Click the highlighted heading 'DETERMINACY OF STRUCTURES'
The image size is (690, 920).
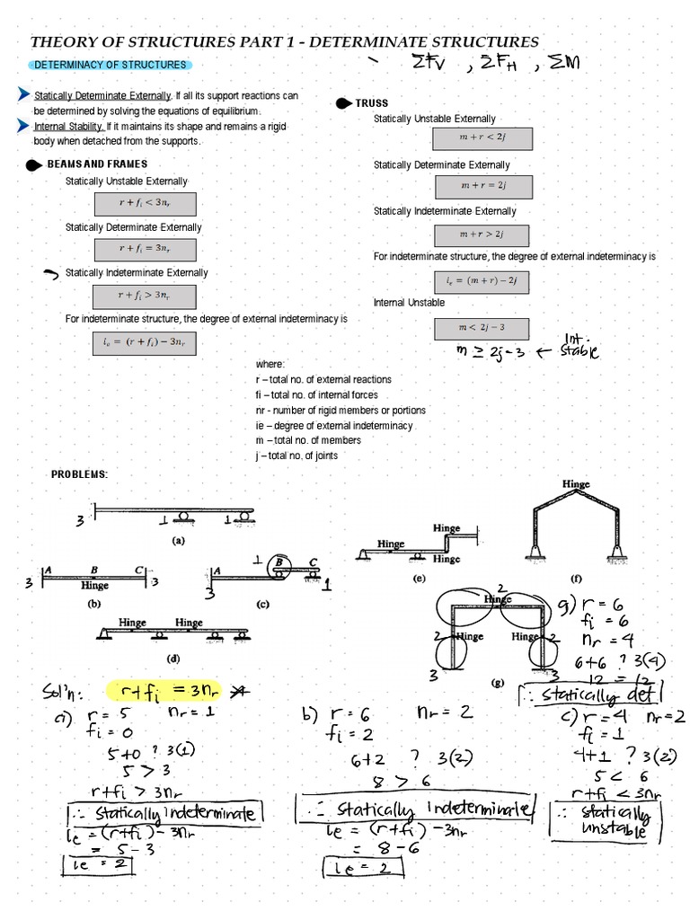[x=110, y=65]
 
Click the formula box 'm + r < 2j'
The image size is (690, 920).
[x=483, y=139]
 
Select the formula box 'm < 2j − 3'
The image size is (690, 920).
[x=483, y=329]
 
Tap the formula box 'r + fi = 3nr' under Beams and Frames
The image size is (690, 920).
[x=145, y=249]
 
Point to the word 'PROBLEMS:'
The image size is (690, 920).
[x=79, y=474]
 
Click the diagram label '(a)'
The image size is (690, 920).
[x=178, y=541]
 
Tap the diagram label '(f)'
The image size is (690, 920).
[x=576, y=579]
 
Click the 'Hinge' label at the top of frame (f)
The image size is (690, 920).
[x=576, y=484]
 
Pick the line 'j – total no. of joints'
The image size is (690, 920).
[x=296, y=456]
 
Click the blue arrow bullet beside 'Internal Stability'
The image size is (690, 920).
[x=23, y=127]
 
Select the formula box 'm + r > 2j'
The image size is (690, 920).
[x=482, y=234]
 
